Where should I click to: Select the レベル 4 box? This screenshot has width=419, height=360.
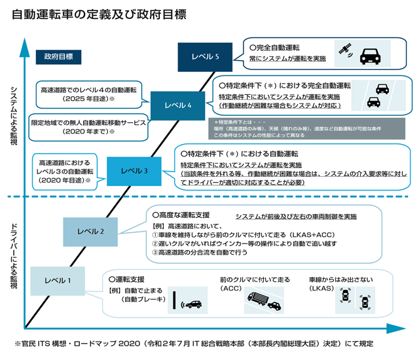(x=178, y=105)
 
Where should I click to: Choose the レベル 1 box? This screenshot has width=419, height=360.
(x=58, y=281)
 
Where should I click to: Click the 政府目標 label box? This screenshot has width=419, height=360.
(x=58, y=57)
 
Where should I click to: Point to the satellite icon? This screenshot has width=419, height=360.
(x=342, y=50)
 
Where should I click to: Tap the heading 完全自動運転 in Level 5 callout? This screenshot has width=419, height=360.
(x=278, y=47)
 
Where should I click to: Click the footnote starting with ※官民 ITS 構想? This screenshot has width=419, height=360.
(x=196, y=342)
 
